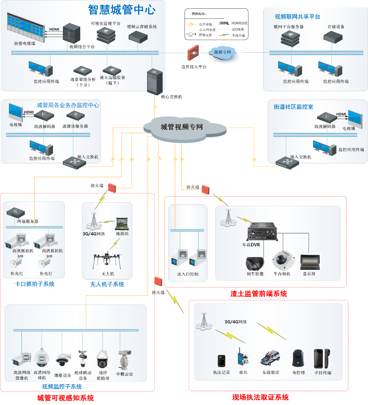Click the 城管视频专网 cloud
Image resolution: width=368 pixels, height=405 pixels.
tap(182, 127)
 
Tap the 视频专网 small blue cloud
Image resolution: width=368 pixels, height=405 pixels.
tap(222, 52)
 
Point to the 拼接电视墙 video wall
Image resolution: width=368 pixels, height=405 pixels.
tap(25, 28)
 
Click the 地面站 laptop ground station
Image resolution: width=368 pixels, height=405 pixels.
tap(122, 223)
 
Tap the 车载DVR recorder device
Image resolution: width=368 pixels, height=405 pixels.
tap(262, 232)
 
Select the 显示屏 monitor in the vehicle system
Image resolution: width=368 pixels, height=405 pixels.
tap(310, 262)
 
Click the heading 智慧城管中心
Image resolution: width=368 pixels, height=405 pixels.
tap(122, 10)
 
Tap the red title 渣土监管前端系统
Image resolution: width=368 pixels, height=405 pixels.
tap(259, 294)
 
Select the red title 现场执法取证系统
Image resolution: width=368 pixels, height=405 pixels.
tap(260, 397)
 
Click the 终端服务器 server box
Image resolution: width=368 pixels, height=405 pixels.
tap(16, 212)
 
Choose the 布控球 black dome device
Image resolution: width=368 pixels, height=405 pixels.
tap(298, 358)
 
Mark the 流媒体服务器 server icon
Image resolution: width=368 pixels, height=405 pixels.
tap(75, 116)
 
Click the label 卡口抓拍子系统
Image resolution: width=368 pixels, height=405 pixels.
tap(35, 284)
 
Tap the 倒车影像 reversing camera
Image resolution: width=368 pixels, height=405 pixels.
tap(255, 263)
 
